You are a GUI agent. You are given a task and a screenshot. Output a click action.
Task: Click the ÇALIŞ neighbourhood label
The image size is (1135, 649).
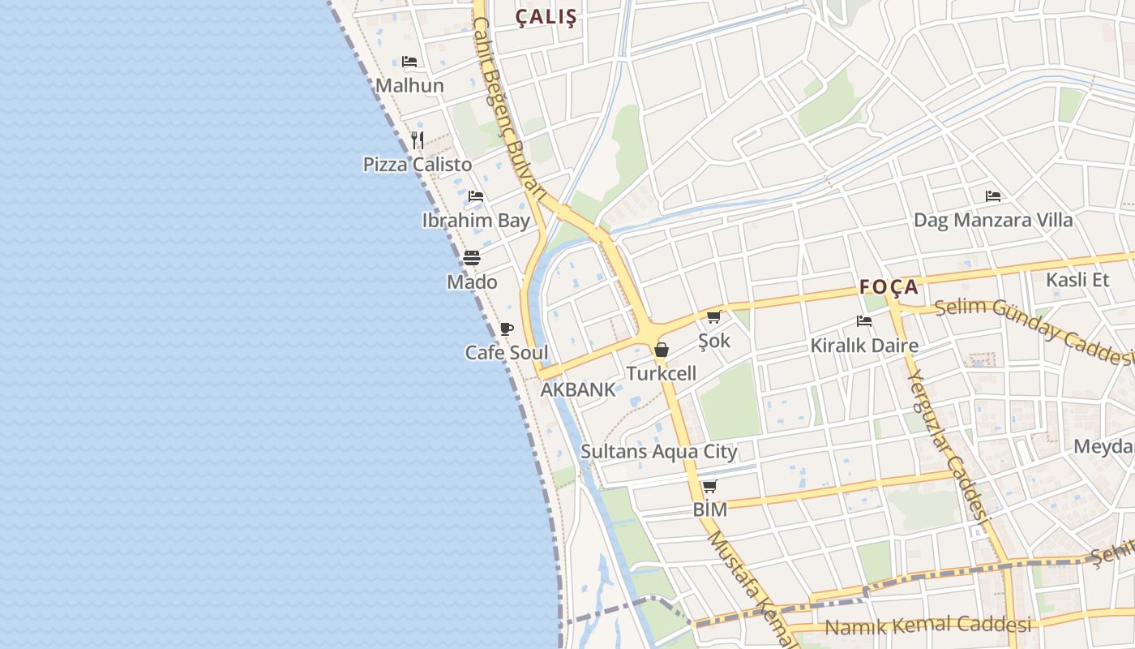point(546,17)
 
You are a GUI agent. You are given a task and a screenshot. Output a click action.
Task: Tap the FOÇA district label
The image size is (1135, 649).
point(889,286)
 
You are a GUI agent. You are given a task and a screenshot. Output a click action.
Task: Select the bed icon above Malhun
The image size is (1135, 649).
point(409,62)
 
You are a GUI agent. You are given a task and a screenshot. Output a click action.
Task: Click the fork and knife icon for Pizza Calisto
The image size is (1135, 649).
point(418,140)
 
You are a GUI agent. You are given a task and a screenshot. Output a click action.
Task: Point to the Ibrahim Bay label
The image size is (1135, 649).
point(476,220)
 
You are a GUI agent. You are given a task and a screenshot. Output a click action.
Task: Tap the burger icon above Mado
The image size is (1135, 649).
point(472,258)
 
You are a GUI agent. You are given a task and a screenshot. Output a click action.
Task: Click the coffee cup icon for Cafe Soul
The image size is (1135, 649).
point(507,329)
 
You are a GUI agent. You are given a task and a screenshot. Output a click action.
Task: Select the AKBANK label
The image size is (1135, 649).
point(578,389)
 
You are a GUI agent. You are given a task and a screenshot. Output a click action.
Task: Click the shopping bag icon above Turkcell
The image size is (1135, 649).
point(662,350)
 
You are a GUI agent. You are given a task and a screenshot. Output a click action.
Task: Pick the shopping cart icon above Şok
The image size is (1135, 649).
point(713,316)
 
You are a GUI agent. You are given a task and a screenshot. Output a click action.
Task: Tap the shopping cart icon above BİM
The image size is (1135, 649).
point(709,486)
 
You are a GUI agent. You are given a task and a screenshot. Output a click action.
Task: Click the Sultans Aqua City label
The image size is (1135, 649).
point(659,452)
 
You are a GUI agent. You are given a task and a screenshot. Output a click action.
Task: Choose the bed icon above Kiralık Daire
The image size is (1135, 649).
point(864,321)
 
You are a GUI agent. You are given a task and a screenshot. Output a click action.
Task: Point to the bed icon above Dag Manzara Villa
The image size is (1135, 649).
point(993,196)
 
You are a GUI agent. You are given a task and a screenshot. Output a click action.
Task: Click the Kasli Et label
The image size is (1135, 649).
point(1077,280)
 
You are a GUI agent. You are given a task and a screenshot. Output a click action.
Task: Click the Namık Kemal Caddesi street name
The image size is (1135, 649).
point(927,625)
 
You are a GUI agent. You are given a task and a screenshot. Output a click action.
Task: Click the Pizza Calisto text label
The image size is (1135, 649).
point(418,165)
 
